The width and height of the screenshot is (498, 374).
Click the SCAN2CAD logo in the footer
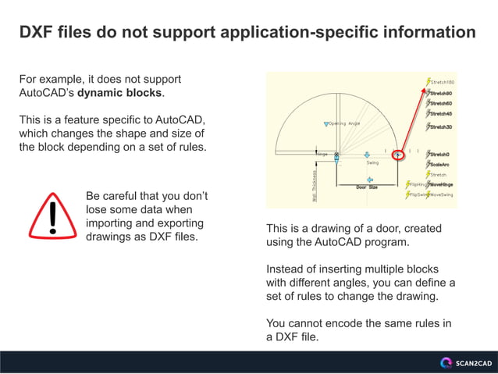click(x=466, y=362)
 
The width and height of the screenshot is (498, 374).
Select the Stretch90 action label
click(x=441, y=93)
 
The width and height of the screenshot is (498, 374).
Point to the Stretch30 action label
click(x=441, y=127)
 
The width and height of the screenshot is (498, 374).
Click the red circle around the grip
click(x=398, y=155)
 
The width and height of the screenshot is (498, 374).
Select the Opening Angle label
click(x=344, y=123)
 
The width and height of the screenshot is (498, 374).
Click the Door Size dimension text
click(x=366, y=187)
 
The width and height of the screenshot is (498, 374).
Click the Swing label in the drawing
click(x=372, y=162)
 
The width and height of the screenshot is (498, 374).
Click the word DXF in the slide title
click(x=36, y=33)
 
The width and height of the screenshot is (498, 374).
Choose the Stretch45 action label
click(x=441, y=114)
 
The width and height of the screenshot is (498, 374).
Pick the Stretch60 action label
click(x=441, y=103)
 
